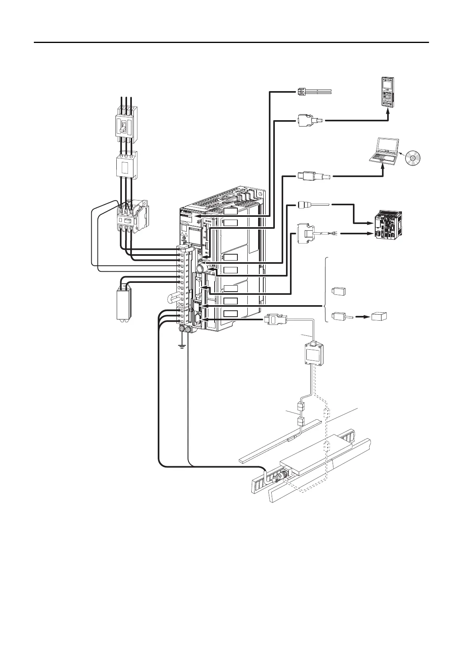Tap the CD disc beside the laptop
(412, 159)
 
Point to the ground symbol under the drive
(182, 345)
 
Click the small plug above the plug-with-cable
(339, 291)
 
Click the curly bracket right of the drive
(327, 290)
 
